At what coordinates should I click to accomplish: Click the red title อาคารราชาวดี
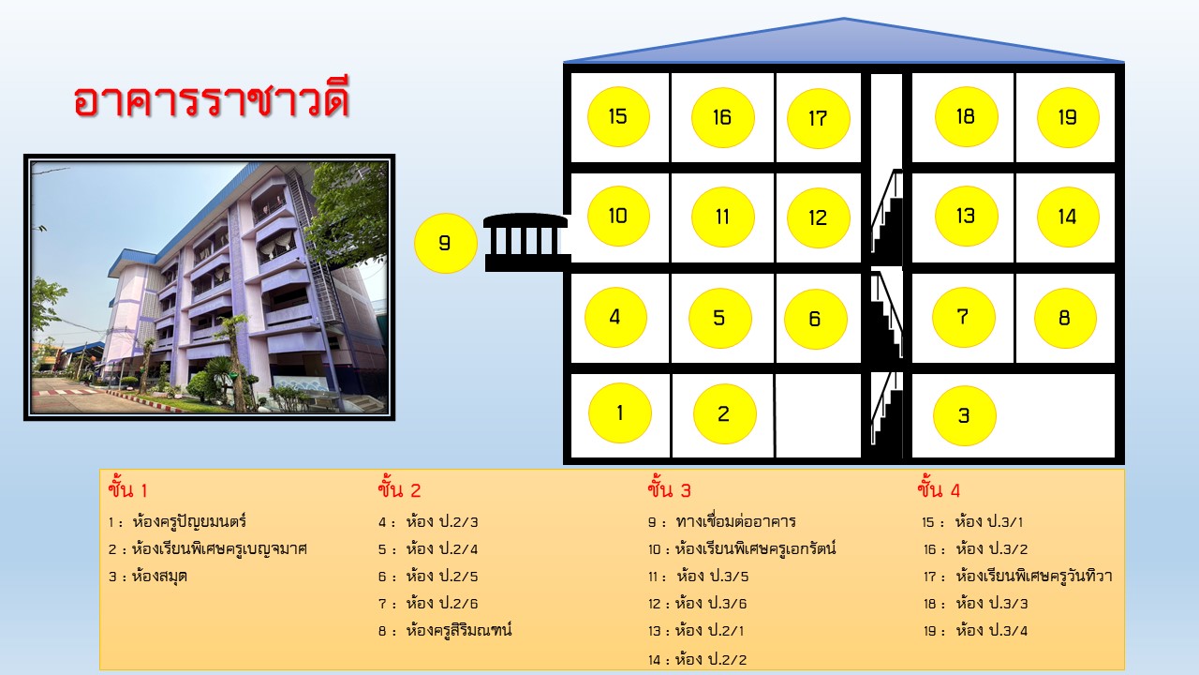point(212,99)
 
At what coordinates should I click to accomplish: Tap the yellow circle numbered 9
point(445,243)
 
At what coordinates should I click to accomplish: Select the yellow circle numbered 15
point(618,117)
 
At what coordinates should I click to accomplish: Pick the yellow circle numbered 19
point(1068,117)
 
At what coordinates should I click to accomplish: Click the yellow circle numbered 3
point(964,415)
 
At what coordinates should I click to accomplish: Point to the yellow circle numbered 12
point(818,217)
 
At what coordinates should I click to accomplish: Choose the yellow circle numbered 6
point(815,319)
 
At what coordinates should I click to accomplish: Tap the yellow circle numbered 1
point(620,413)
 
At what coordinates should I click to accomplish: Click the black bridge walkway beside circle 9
point(527,242)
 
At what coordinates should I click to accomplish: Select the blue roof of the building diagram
point(844,41)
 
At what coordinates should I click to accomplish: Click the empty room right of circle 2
point(819,415)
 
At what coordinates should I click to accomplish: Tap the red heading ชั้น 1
point(127,489)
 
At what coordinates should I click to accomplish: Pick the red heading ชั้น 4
point(939,489)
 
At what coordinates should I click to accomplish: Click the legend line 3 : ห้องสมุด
point(148,577)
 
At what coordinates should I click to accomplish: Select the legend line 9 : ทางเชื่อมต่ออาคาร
point(722,521)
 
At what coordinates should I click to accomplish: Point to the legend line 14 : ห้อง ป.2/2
point(698,659)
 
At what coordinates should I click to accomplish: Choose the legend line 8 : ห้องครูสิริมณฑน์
point(445,630)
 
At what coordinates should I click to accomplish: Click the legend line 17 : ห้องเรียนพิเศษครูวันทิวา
point(1017,577)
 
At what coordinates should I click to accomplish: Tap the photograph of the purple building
point(209,287)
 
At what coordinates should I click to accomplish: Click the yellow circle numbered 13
point(966,217)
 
